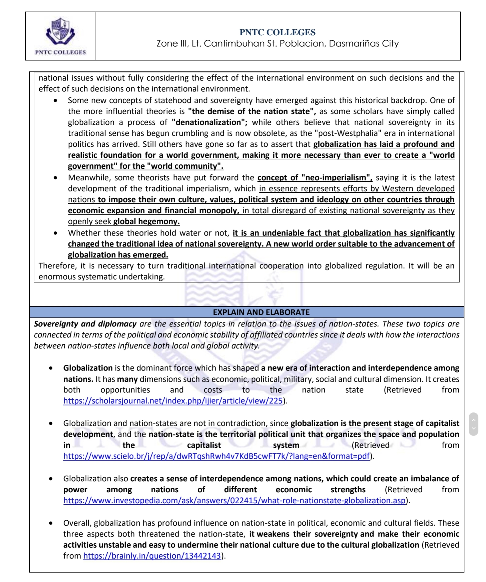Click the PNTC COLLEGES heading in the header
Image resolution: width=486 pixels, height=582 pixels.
(x=277, y=32)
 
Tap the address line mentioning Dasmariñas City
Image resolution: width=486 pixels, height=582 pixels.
(x=277, y=43)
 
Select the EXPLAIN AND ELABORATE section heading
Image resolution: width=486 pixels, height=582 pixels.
(x=261, y=312)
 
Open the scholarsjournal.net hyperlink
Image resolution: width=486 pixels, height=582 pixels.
(x=173, y=401)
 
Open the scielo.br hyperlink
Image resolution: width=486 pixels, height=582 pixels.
(x=217, y=456)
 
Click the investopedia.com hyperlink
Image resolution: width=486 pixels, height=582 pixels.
(x=234, y=500)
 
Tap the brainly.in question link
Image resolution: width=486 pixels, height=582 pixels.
(x=152, y=556)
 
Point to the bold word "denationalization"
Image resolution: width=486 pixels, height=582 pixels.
(x=209, y=122)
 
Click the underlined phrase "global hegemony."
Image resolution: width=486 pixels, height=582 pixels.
(x=146, y=221)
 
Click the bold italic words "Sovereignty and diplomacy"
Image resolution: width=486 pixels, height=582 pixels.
(x=85, y=324)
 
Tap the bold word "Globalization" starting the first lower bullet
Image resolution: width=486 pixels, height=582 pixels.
(x=88, y=368)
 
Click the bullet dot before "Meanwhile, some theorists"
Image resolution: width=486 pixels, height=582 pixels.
(x=55, y=178)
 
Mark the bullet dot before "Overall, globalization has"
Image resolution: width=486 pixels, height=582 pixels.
(x=51, y=523)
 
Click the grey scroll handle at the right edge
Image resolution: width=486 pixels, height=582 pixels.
(x=473, y=424)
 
